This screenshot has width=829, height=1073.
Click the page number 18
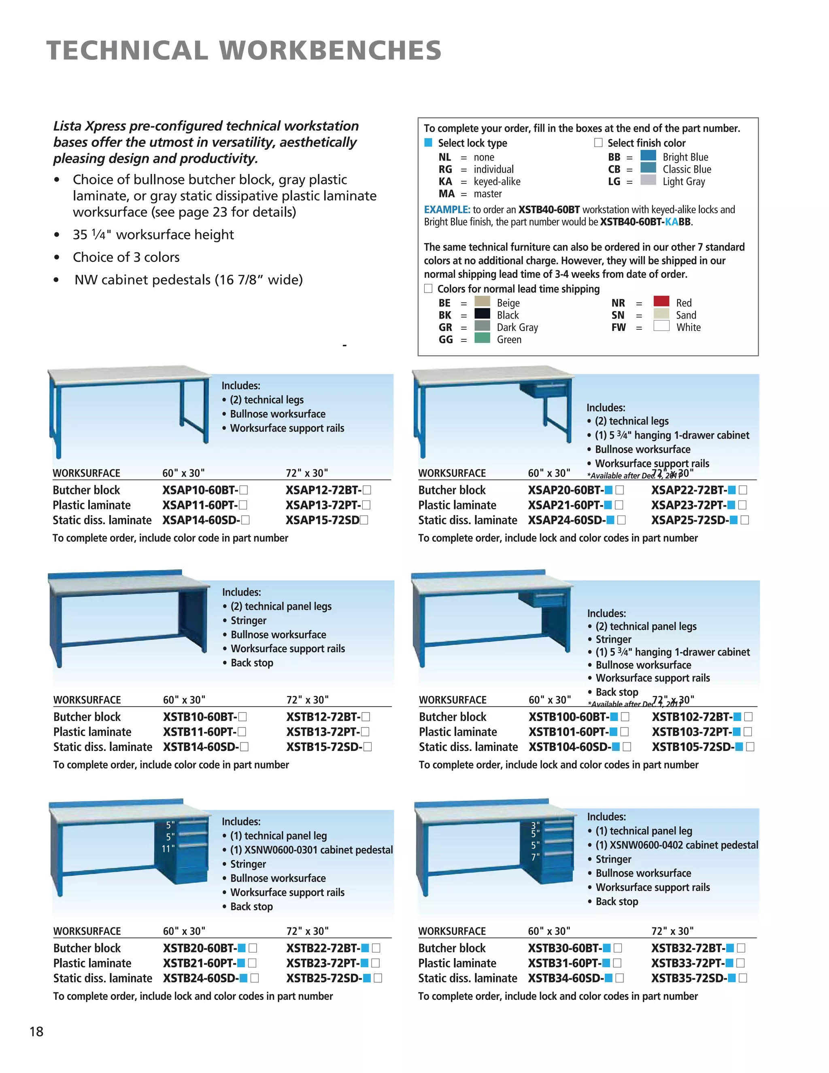36,1031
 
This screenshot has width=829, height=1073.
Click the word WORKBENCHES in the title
330,51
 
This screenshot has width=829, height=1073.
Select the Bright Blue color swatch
648,156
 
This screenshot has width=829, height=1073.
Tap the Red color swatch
661,301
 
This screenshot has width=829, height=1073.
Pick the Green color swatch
482,338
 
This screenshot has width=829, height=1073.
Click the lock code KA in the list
445,181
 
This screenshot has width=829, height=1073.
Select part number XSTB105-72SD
693,747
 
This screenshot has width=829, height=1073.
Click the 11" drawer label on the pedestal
168,848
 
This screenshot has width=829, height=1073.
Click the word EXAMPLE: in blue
447,210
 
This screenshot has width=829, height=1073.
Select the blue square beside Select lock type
428,142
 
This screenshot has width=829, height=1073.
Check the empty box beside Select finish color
598,142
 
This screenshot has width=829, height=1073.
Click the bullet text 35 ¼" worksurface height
153,234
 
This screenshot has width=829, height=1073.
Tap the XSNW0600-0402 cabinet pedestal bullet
676,845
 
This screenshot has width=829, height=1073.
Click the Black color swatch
482,314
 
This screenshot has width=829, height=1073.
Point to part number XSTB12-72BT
323,717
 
